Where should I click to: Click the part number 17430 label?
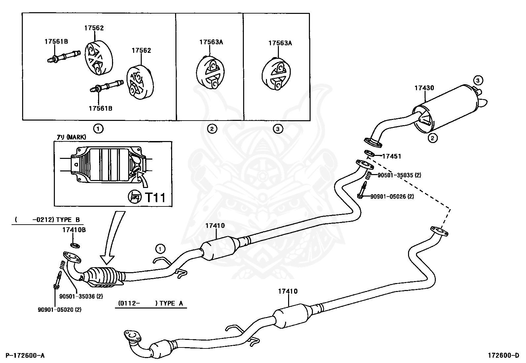(424, 88)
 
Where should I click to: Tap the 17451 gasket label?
(392, 156)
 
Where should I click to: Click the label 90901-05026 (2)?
(392, 197)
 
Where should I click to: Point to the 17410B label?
(74, 230)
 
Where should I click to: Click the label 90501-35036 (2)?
(81, 296)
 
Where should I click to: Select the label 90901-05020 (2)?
(59, 309)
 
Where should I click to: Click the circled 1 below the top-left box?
(98, 128)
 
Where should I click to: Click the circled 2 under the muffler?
(432, 138)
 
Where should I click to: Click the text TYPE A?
(171, 303)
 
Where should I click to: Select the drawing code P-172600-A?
(25, 355)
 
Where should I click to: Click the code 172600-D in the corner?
(503, 355)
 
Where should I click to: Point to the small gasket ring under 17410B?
(75, 245)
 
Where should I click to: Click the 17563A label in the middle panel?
(211, 42)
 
